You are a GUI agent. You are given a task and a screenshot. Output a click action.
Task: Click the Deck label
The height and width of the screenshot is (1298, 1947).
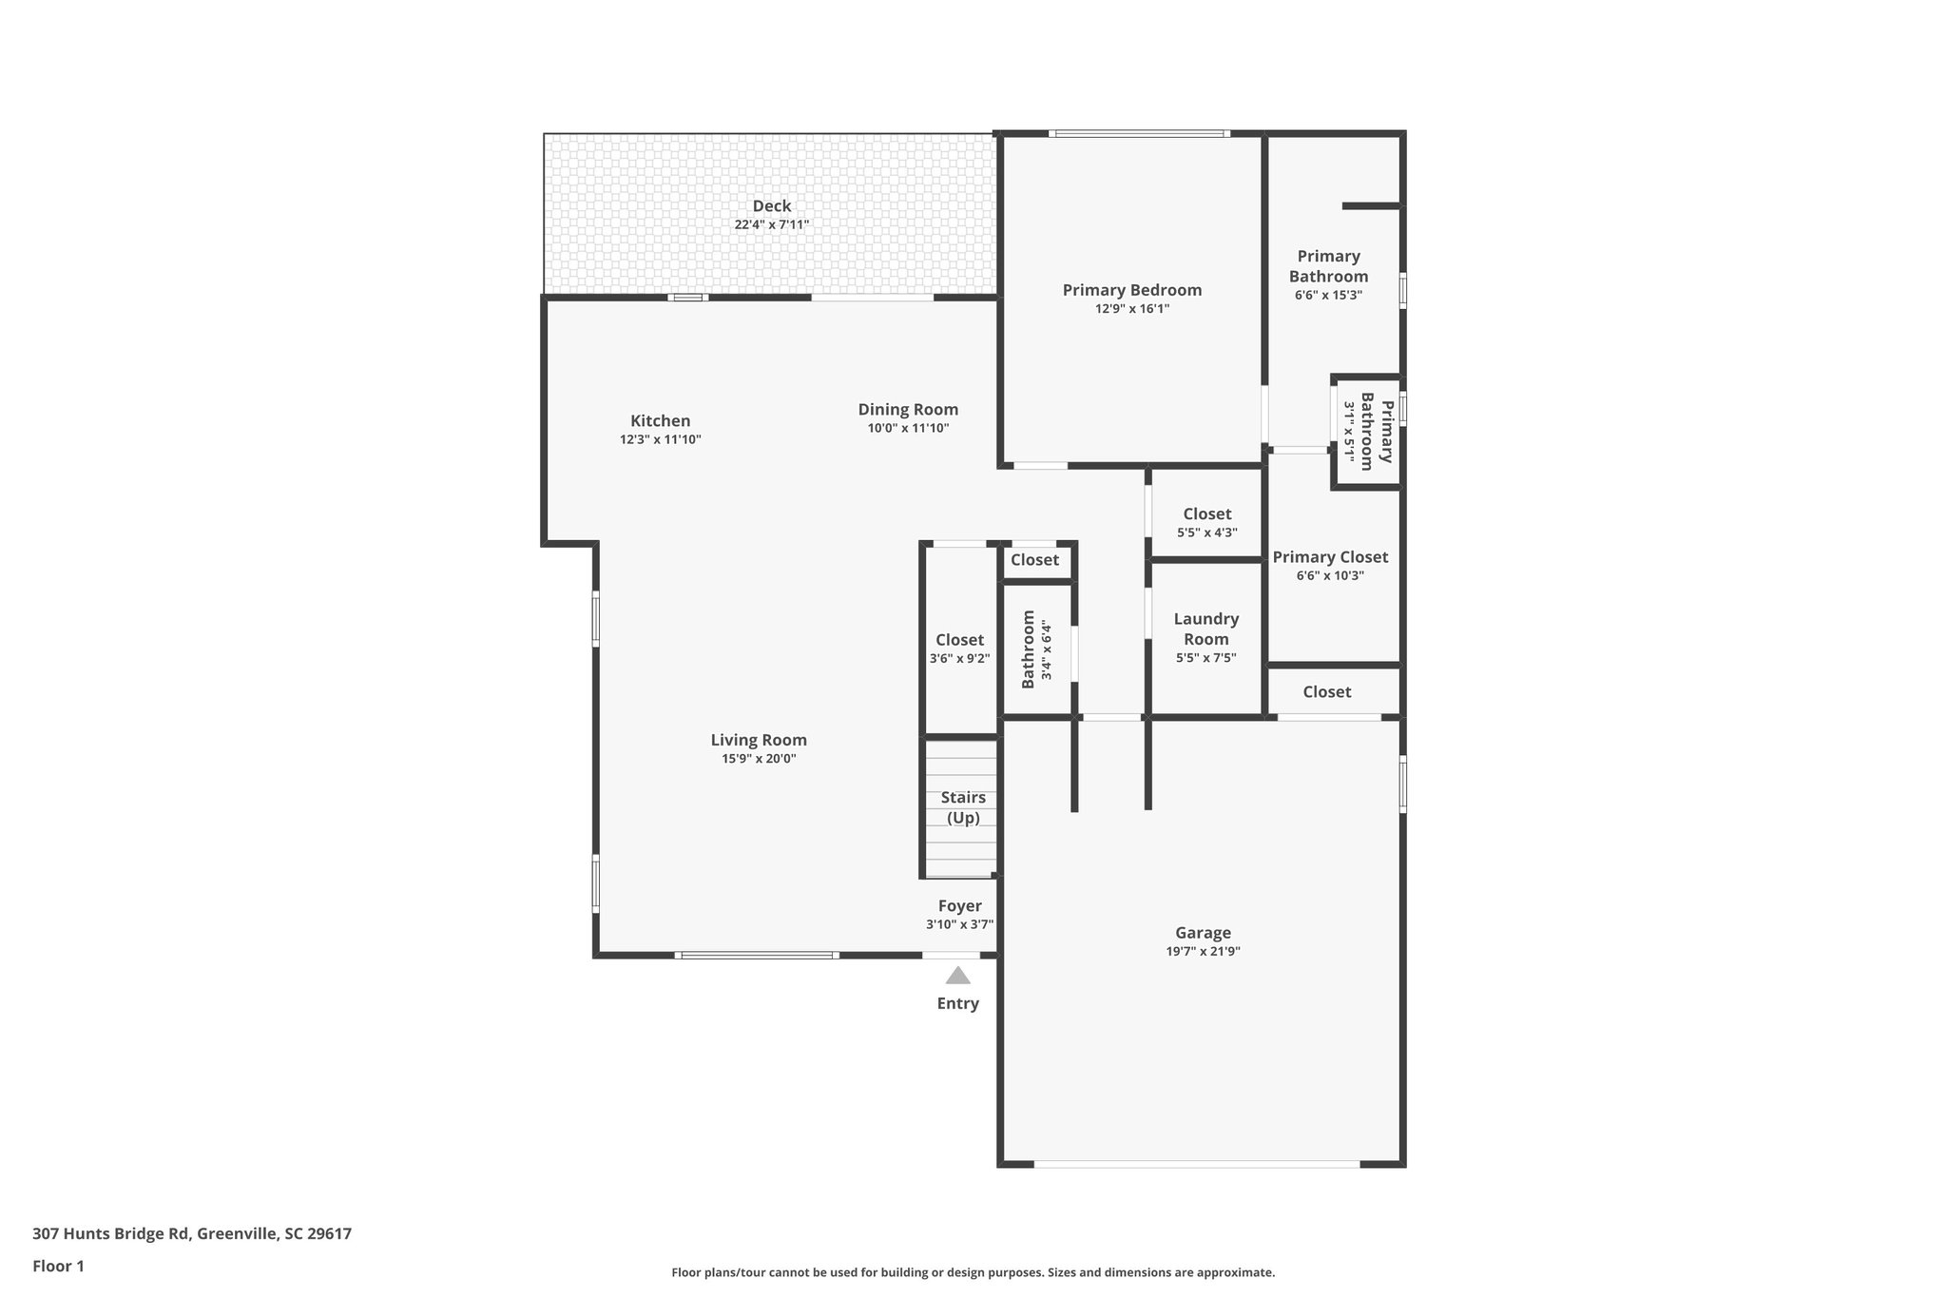click(771, 206)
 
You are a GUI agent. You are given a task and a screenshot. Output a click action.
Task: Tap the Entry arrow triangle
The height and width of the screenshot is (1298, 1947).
click(957, 976)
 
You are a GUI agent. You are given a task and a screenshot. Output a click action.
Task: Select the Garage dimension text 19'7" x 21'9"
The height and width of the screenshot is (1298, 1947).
click(1203, 952)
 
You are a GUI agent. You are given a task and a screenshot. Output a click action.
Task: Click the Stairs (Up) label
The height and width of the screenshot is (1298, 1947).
click(962, 807)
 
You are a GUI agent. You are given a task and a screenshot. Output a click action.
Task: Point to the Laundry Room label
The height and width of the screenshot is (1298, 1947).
click(1205, 629)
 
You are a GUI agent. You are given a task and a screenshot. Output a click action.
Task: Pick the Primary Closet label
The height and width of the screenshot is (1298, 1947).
click(1330, 557)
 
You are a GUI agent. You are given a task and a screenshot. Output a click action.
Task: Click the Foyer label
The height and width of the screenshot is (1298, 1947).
click(959, 906)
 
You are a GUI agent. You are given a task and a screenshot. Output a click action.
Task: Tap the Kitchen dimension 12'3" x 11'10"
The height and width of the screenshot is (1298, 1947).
click(660, 440)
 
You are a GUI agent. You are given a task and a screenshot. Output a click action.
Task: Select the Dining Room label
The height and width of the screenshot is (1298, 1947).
click(908, 410)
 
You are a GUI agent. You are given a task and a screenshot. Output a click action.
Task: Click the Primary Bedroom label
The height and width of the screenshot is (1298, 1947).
click(1131, 290)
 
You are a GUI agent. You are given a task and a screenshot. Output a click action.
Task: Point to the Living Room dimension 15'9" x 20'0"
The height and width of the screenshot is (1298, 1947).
click(758, 759)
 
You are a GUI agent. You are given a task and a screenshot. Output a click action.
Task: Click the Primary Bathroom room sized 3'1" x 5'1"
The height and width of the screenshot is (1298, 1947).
click(1368, 432)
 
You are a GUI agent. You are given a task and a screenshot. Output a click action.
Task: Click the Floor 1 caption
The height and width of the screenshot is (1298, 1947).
click(58, 1267)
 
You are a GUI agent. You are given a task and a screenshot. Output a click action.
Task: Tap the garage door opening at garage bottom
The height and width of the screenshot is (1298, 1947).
click(1196, 1164)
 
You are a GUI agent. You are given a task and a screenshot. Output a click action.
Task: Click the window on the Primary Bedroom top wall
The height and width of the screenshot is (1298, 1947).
click(1138, 134)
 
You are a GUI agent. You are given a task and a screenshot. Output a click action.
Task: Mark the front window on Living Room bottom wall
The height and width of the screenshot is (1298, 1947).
click(757, 955)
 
